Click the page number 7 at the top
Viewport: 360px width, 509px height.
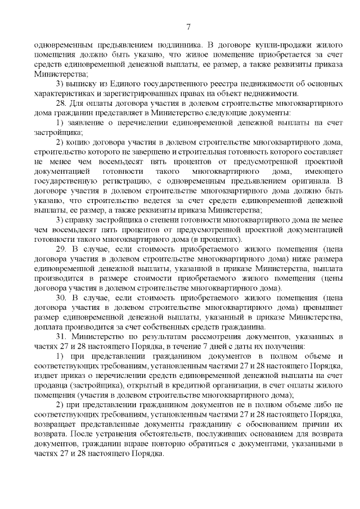coord(188,26)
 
